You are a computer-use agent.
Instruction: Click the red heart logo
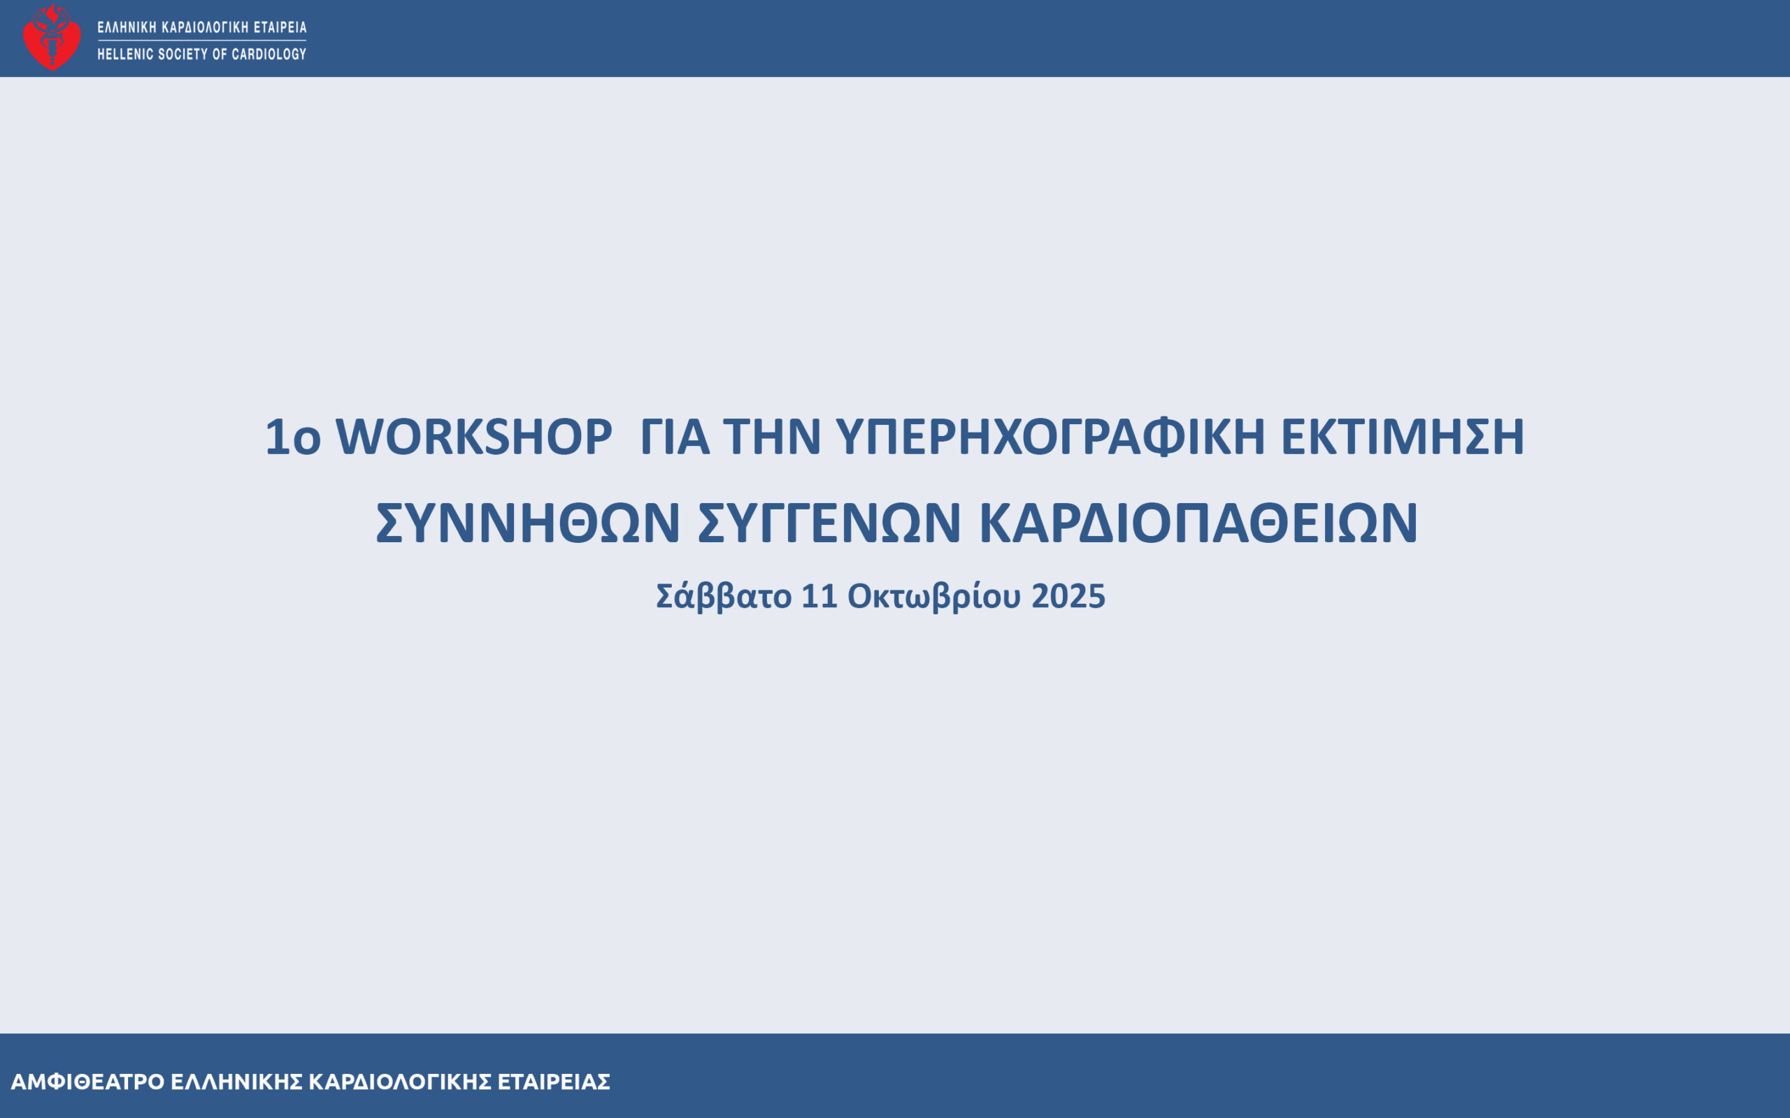[52, 37]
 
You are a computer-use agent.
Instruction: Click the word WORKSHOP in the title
[474, 436]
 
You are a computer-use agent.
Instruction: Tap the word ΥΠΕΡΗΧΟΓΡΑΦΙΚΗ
[1050, 436]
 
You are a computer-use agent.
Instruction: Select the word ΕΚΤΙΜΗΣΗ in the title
[1403, 436]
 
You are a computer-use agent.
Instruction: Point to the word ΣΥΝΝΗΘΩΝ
[528, 523]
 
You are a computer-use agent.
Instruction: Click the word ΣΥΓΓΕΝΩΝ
[829, 523]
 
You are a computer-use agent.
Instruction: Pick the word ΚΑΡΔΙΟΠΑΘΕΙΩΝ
[1198, 523]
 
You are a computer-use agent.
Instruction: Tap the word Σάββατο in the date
[724, 596]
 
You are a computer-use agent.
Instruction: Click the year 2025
[1068, 596]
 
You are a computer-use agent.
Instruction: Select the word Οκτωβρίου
[934, 596]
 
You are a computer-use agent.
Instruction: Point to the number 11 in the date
[819, 596]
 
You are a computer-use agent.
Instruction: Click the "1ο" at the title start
[293, 436]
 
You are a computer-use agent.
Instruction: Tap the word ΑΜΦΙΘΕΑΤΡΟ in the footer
[88, 1082]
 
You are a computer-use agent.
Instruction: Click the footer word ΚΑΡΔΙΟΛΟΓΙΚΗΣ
[400, 1082]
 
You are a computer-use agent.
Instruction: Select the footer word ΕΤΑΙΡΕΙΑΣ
[554, 1082]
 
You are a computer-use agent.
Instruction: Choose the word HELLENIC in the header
[126, 54]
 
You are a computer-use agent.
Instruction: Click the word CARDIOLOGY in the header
[268, 54]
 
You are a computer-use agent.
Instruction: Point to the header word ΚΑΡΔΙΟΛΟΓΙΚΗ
[205, 27]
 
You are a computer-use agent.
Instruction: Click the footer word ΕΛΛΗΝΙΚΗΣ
[237, 1082]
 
